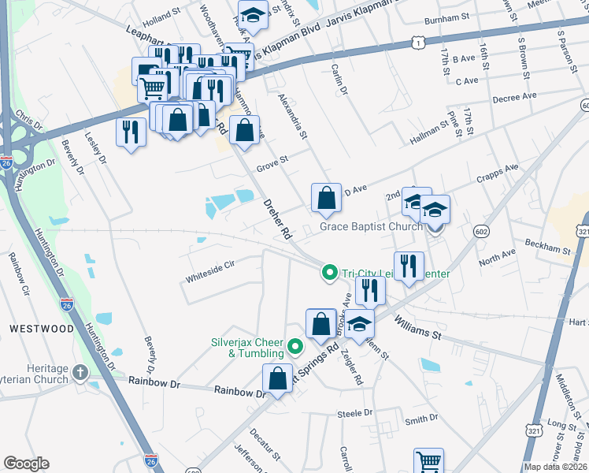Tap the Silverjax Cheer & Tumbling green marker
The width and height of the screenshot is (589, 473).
pos(296,346)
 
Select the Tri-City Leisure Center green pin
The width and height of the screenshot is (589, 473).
pos(330,274)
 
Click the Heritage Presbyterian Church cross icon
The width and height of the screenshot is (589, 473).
pos(80,372)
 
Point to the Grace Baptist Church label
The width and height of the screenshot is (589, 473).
pos(371,227)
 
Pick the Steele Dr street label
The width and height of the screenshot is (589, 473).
pos(354,413)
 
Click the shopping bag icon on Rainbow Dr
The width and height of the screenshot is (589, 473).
pos(279,379)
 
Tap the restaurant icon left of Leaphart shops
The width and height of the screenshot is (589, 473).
pos(131,132)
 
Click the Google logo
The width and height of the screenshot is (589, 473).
pos(26,464)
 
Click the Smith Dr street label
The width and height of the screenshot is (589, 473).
pos(421,420)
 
